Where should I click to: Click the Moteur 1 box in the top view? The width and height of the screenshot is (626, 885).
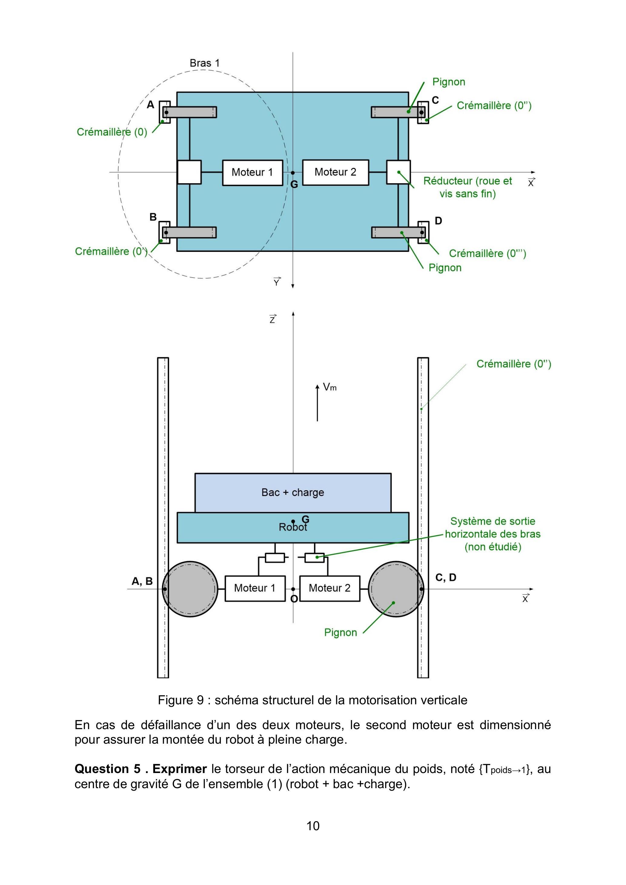pyautogui.click(x=253, y=173)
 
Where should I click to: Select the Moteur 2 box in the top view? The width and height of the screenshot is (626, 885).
pyautogui.click(x=336, y=172)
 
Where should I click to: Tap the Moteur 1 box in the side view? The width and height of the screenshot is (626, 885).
pyautogui.click(x=255, y=588)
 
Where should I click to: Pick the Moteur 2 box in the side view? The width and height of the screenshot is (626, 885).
pyautogui.click(x=330, y=588)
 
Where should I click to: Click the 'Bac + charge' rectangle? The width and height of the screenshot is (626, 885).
pyautogui.click(x=293, y=493)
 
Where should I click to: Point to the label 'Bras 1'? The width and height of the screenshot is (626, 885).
pyautogui.click(x=204, y=63)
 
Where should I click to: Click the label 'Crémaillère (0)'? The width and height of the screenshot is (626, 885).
pyautogui.click(x=112, y=132)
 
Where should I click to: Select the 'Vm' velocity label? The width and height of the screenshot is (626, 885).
pyautogui.click(x=330, y=387)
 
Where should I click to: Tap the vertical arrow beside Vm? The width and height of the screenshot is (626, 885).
pyautogui.click(x=317, y=403)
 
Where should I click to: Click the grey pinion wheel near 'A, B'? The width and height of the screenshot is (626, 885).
pyautogui.click(x=190, y=589)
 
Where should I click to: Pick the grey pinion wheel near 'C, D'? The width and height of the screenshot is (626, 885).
pyautogui.click(x=396, y=589)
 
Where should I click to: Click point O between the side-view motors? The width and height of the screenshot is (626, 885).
pyautogui.click(x=293, y=589)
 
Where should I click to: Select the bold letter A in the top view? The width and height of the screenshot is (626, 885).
pyautogui.click(x=151, y=104)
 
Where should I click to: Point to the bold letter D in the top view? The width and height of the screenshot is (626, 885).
pyautogui.click(x=439, y=221)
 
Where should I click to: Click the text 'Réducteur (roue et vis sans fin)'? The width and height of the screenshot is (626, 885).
pyautogui.click(x=468, y=187)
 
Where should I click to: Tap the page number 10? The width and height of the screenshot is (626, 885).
pyautogui.click(x=313, y=826)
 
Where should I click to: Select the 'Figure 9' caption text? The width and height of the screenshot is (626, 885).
pyautogui.click(x=181, y=700)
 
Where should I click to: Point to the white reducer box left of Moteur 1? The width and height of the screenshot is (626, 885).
pyautogui.click(x=189, y=172)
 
